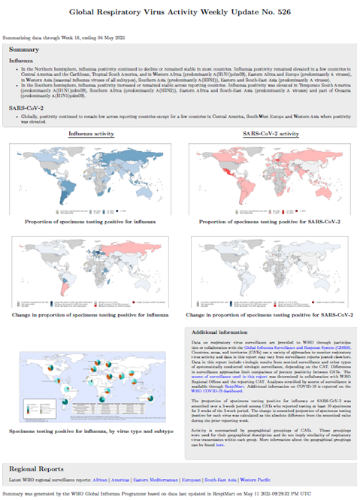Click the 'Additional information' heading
[223, 332]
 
